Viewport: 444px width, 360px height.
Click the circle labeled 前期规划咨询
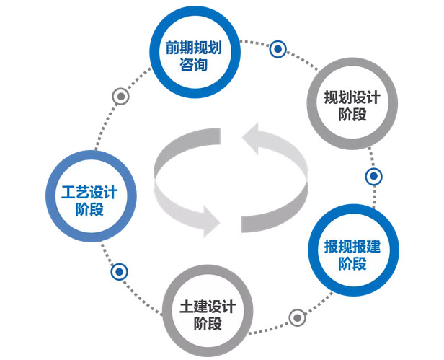click(192, 56)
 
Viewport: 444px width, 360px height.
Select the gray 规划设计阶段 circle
click(351, 106)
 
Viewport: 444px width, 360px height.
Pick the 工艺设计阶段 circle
click(89, 201)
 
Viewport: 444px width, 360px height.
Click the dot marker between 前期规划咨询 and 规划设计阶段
click(278, 49)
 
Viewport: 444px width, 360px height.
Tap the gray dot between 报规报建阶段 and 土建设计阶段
click(296, 317)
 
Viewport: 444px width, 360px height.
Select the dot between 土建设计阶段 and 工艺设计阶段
click(120, 272)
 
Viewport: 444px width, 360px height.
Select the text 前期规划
click(192, 47)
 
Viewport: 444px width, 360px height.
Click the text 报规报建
click(352, 245)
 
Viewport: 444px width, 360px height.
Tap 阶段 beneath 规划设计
click(351, 115)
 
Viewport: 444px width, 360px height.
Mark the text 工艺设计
click(89, 193)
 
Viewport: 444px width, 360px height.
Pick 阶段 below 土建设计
click(207, 322)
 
